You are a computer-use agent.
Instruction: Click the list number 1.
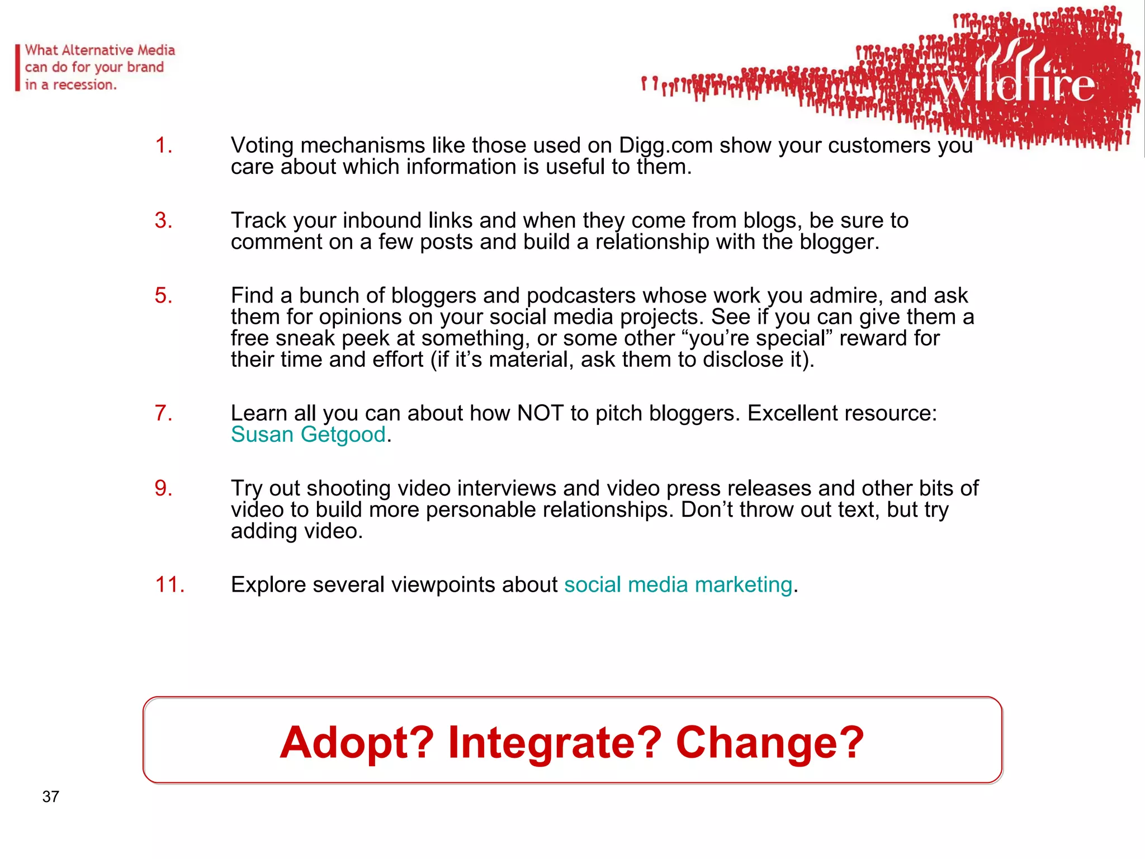pyautogui.click(x=163, y=145)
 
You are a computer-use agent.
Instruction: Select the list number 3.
pyautogui.click(x=163, y=220)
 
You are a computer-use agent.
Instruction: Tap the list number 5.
pyautogui.click(x=163, y=295)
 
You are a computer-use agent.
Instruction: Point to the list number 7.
pyautogui.click(x=163, y=413)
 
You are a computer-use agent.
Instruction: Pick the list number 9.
pyautogui.click(x=163, y=488)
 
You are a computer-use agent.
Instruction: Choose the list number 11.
pyautogui.click(x=169, y=584)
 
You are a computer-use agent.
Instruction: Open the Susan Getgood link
pyautogui.click(x=308, y=435)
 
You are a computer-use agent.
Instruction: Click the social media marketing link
pyautogui.click(x=678, y=584)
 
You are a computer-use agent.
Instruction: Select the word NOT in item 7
pyautogui.click(x=540, y=413)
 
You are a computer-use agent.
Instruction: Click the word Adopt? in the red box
pyautogui.click(x=357, y=742)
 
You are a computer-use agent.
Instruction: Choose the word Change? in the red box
pyautogui.click(x=770, y=742)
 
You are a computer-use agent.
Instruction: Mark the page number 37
pyautogui.click(x=51, y=796)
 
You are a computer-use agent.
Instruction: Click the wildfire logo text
pyautogui.click(x=1015, y=84)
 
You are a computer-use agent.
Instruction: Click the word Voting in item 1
pyautogui.click(x=262, y=145)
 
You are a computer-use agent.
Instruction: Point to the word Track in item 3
pyautogui.click(x=258, y=220)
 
